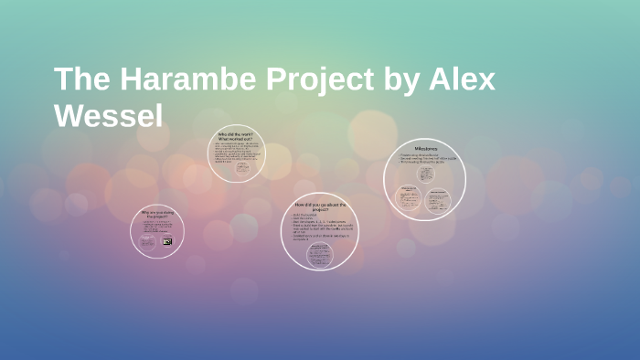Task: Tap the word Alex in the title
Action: (x=462, y=80)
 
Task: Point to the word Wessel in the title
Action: (x=109, y=117)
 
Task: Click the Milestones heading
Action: (x=424, y=148)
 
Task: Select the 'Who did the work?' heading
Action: (x=236, y=136)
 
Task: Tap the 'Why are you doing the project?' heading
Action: (x=157, y=215)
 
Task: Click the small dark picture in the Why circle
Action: (x=167, y=241)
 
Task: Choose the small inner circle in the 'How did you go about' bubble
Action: (x=319, y=255)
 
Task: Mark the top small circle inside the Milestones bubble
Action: (x=426, y=175)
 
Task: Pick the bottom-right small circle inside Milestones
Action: (x=439, y=199)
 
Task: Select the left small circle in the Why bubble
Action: (x=147, y=241)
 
